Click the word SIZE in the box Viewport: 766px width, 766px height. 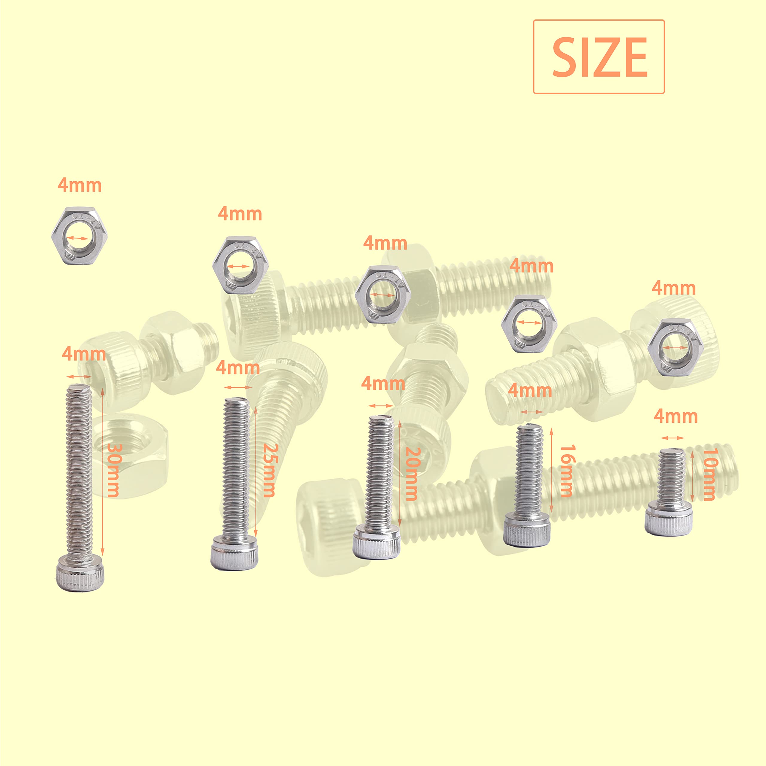point(599,57)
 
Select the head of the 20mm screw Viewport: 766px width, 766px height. point(377,541)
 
